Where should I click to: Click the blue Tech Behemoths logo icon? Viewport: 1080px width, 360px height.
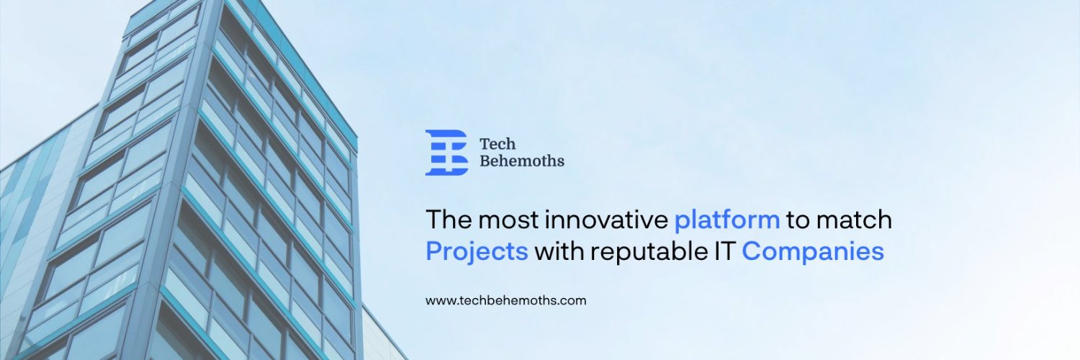[446, 153]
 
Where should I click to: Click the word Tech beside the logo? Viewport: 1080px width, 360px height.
[498, 144]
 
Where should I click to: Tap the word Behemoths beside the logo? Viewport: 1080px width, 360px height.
[522, 161]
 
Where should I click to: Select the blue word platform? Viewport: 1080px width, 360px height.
[726, 220]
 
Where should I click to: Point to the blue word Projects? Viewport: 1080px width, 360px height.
[477, 252]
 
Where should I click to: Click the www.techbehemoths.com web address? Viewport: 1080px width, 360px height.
[505, 300]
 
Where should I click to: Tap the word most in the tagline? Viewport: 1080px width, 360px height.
[508, 219]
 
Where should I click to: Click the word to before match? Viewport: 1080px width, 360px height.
[798, 220]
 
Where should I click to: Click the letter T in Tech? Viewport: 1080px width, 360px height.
[485, 144]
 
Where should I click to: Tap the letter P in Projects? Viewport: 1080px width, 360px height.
[433, 251]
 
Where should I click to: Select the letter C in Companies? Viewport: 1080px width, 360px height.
[752, 251]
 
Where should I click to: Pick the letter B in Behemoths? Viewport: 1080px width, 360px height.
[485, 161]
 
